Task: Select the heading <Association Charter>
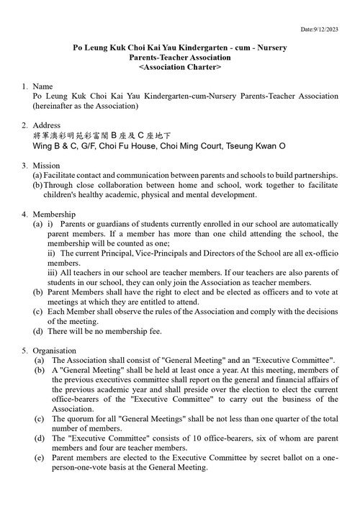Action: tap(180, 66)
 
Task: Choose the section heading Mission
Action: tap(46, 165)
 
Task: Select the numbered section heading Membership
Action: tap(54, 215)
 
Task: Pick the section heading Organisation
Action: tap(55, 349)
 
